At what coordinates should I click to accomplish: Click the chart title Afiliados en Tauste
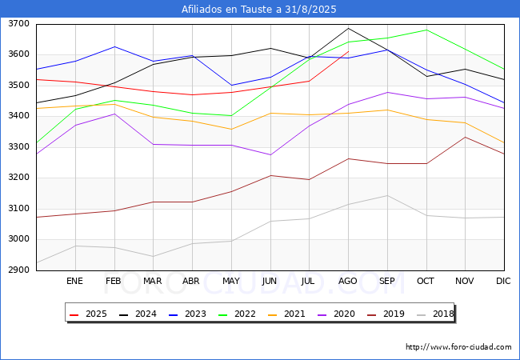[230, 10]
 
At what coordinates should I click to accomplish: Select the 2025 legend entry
[88, 314]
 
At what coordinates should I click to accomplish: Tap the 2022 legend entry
[237, 314]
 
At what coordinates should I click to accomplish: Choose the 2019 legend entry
[386, 314]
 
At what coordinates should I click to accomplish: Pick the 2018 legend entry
[435, 314]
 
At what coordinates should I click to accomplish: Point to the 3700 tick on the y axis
[18, 24]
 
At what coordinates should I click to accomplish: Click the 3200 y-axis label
[18, 178]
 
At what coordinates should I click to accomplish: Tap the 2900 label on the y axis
[18, 270]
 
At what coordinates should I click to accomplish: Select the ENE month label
[74, 281]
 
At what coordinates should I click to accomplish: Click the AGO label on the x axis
[347, 281]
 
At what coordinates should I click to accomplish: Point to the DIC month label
[503, 281]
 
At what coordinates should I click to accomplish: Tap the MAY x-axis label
[231, 281]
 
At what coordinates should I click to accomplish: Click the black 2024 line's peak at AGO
[348, 29]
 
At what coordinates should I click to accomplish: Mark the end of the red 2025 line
[348, 51]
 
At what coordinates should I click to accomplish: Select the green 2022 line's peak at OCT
[426, 30]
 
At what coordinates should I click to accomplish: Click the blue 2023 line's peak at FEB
[114, 46]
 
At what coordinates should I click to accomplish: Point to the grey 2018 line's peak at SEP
[387, 195]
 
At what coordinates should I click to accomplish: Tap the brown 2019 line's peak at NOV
[466, 137]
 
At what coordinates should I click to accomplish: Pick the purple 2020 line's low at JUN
[270, 155]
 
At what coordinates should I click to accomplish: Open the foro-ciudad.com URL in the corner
[458, 347]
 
